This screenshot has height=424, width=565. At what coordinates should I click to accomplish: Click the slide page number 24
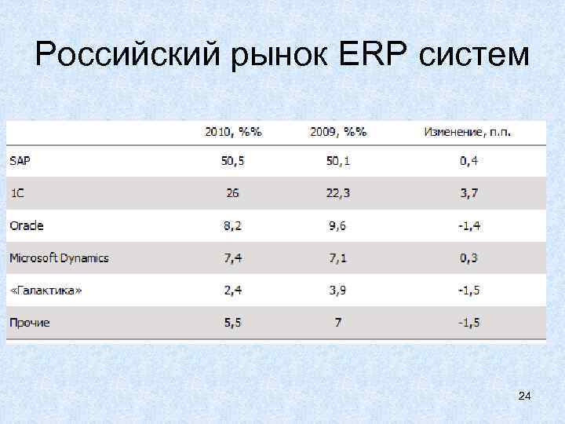(524, 397)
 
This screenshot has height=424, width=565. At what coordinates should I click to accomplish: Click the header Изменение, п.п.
(468, 132)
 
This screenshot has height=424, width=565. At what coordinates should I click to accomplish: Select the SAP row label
(20, 161)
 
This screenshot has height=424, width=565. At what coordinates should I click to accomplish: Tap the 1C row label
(17, 193)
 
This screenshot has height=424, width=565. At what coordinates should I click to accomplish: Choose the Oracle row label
(27, 225)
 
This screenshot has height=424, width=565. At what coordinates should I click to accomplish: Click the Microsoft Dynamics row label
(59, 258)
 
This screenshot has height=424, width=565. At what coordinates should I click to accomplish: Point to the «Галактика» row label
(46, 291)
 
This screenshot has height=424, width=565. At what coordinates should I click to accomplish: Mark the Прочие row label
(30, 323)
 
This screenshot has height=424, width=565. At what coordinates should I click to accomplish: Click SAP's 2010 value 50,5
(231, 161)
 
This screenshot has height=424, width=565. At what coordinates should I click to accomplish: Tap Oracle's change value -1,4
(469, 225)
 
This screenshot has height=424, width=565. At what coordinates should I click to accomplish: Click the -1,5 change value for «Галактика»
(469, 291)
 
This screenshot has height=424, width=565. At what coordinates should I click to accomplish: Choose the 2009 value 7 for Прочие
(337, 323)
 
